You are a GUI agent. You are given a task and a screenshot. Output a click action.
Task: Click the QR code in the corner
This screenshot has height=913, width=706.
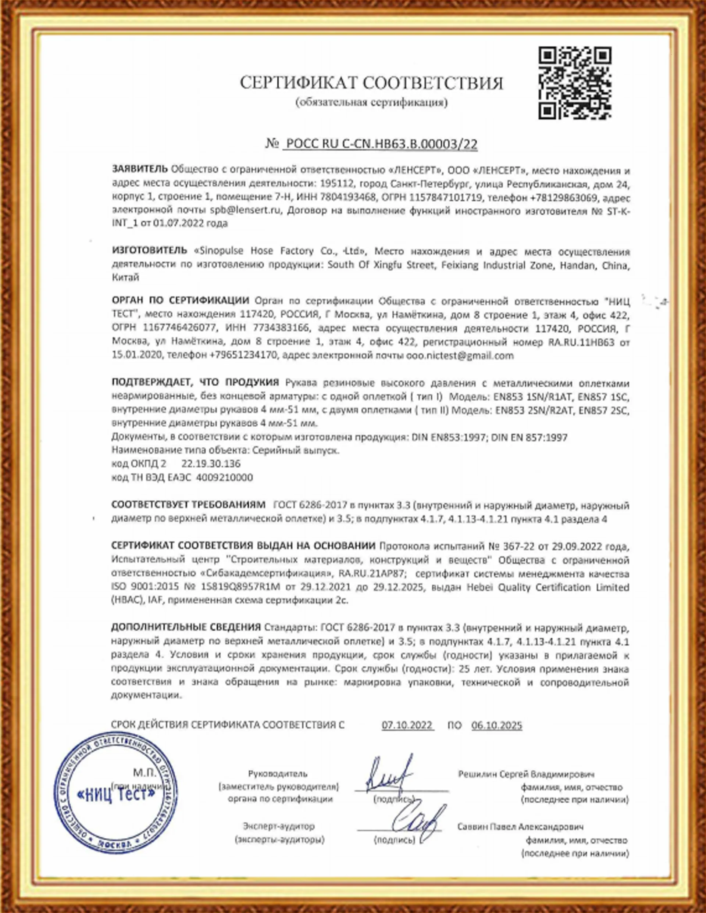click(574, 83)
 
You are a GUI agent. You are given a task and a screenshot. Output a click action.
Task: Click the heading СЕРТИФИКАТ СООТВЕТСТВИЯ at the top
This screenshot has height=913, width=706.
click(371, 83)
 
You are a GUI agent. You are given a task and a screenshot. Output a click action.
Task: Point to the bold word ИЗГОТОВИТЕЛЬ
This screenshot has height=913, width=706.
click(149, 250)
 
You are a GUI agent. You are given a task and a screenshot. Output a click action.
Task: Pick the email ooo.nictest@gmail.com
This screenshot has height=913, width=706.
click(460, 356)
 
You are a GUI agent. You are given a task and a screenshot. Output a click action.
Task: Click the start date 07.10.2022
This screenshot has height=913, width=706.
click(407, 725)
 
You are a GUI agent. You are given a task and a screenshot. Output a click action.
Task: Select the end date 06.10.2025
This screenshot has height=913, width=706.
click(496, 725)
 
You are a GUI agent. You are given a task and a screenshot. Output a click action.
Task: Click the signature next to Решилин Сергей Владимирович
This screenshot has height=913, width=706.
click(389, 774)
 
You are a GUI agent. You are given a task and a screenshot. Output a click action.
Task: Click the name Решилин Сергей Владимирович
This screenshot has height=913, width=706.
click(526, 774)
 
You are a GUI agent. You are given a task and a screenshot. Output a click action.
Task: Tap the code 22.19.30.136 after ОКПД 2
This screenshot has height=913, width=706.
click(211, 463)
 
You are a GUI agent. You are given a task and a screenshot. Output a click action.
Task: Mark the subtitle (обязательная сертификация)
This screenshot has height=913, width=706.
click(371, 103)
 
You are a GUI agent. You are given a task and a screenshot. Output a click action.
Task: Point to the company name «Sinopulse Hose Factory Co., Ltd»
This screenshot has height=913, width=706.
click(281, 251)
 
